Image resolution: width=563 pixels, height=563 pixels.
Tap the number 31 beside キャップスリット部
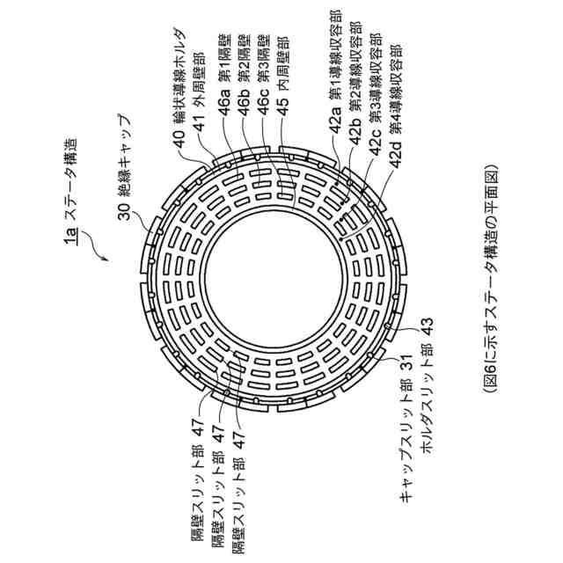[x=406, y=357]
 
